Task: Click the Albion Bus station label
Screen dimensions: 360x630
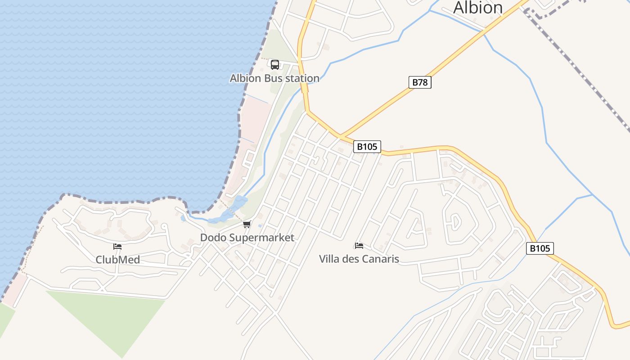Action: pyautogui.click(x=274, y=78)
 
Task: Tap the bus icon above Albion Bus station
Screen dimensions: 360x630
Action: pyautogui.click(x=275, y=65)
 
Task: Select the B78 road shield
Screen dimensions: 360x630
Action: pyautogui.click(x=420, y=82)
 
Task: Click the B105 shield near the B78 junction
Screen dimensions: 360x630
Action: pyautogui.click(x=367, y=146)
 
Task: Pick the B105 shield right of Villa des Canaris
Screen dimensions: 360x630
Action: pyautogui.click(x=540, y=248)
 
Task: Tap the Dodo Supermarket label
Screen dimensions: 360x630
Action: pyautogui.click(x=247, y=238)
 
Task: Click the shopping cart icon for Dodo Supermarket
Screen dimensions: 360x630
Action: pyautogui.click(x=246, y=225)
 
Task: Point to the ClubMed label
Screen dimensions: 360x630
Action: pyautogui.click(x=117, y=260)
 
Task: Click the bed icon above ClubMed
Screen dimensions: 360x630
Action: pyautogui.click(x=117, y=246)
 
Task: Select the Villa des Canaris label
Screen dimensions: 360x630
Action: pyautogui.click(x=359, y=259)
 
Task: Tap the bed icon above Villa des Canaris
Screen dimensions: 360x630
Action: pyautogui.click(x=359, y=245)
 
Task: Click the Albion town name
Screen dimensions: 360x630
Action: pyautogui.click(x=477, y=8)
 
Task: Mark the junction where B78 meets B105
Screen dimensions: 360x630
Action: pyautogui.click(x=340, y=135)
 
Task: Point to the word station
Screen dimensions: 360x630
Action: pyautogui.click(x=299, y=78)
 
